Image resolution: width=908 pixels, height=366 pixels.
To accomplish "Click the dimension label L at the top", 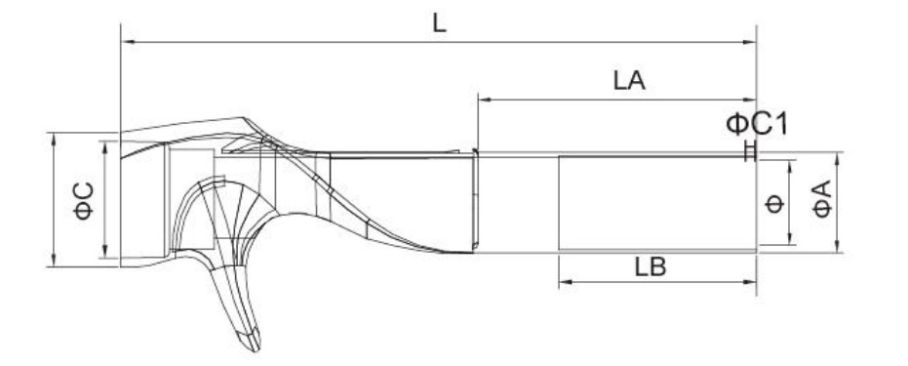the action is pyautogui.click(x=440, y=22).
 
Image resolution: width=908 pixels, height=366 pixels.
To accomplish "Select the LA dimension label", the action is pyautogui.click(x=629, y=80).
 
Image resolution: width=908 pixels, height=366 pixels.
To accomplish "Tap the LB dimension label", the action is pyautogui.click(x=651, y=267).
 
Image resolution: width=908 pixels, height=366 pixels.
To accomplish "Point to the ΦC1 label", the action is pyautogui.click(x=757, y=125).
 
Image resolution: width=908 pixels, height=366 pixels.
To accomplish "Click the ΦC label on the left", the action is pyautogui.click(x=84, y=201).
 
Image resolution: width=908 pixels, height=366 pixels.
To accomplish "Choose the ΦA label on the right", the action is pyautogui.click(x=822, y=199).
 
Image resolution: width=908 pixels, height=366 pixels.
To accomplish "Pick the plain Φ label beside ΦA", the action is pyautogui.click(x=774, y=204).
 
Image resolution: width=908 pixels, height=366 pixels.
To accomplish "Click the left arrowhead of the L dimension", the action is pyautogui.click(x=128, y=42).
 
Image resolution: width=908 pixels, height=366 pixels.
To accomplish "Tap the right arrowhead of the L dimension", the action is pyautogui.click(x=749, y=42).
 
